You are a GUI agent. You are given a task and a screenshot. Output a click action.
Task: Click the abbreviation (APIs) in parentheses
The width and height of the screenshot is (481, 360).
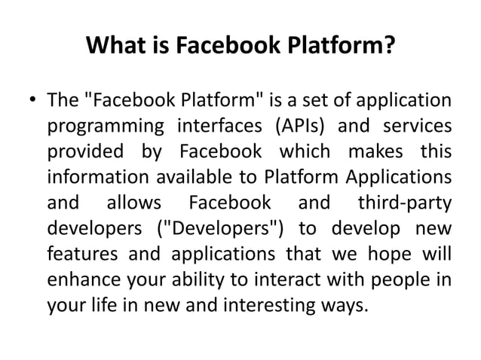coord(297,125)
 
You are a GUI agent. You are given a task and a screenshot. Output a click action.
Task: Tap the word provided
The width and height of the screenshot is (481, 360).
coord(86,151)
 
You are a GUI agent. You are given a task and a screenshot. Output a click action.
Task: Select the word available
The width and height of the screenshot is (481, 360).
coord(222,178)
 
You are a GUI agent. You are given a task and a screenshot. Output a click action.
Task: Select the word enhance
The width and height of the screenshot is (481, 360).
coord(79,281)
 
